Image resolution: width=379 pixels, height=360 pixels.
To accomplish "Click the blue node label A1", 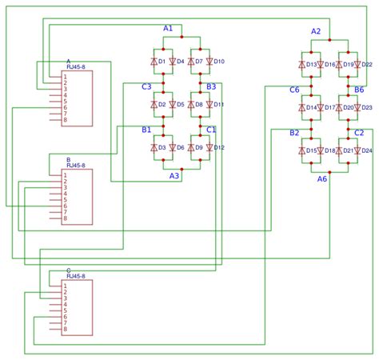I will pyautogui.click(x=168, y=28).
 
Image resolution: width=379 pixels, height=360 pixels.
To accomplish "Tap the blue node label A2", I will pyautogui.click(x=316, y=31).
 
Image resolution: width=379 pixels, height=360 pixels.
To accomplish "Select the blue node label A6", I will pyautogui.click(x=322, y=178).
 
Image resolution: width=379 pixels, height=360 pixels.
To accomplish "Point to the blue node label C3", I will pyautogui.click(x=146, y=86).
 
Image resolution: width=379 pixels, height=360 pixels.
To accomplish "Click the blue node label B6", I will pyautogui.click(x=359, y=90).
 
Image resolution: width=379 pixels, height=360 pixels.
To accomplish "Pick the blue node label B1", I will pyautogui.click(x=146, y=130).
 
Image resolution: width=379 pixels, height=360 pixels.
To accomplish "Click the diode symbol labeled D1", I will pyautogui.click(x=153, y=61).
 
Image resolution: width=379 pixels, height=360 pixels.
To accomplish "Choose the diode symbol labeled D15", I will pyautogui.click(x=301, y=150).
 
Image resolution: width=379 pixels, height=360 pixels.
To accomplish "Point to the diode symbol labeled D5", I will pyautogui.click(x=171, y=104).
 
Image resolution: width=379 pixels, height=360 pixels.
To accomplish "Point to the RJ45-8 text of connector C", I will pyautogui.click(x=81, y=276).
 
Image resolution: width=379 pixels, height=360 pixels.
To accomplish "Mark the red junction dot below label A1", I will pyautogui.click(x=183, y=37).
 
